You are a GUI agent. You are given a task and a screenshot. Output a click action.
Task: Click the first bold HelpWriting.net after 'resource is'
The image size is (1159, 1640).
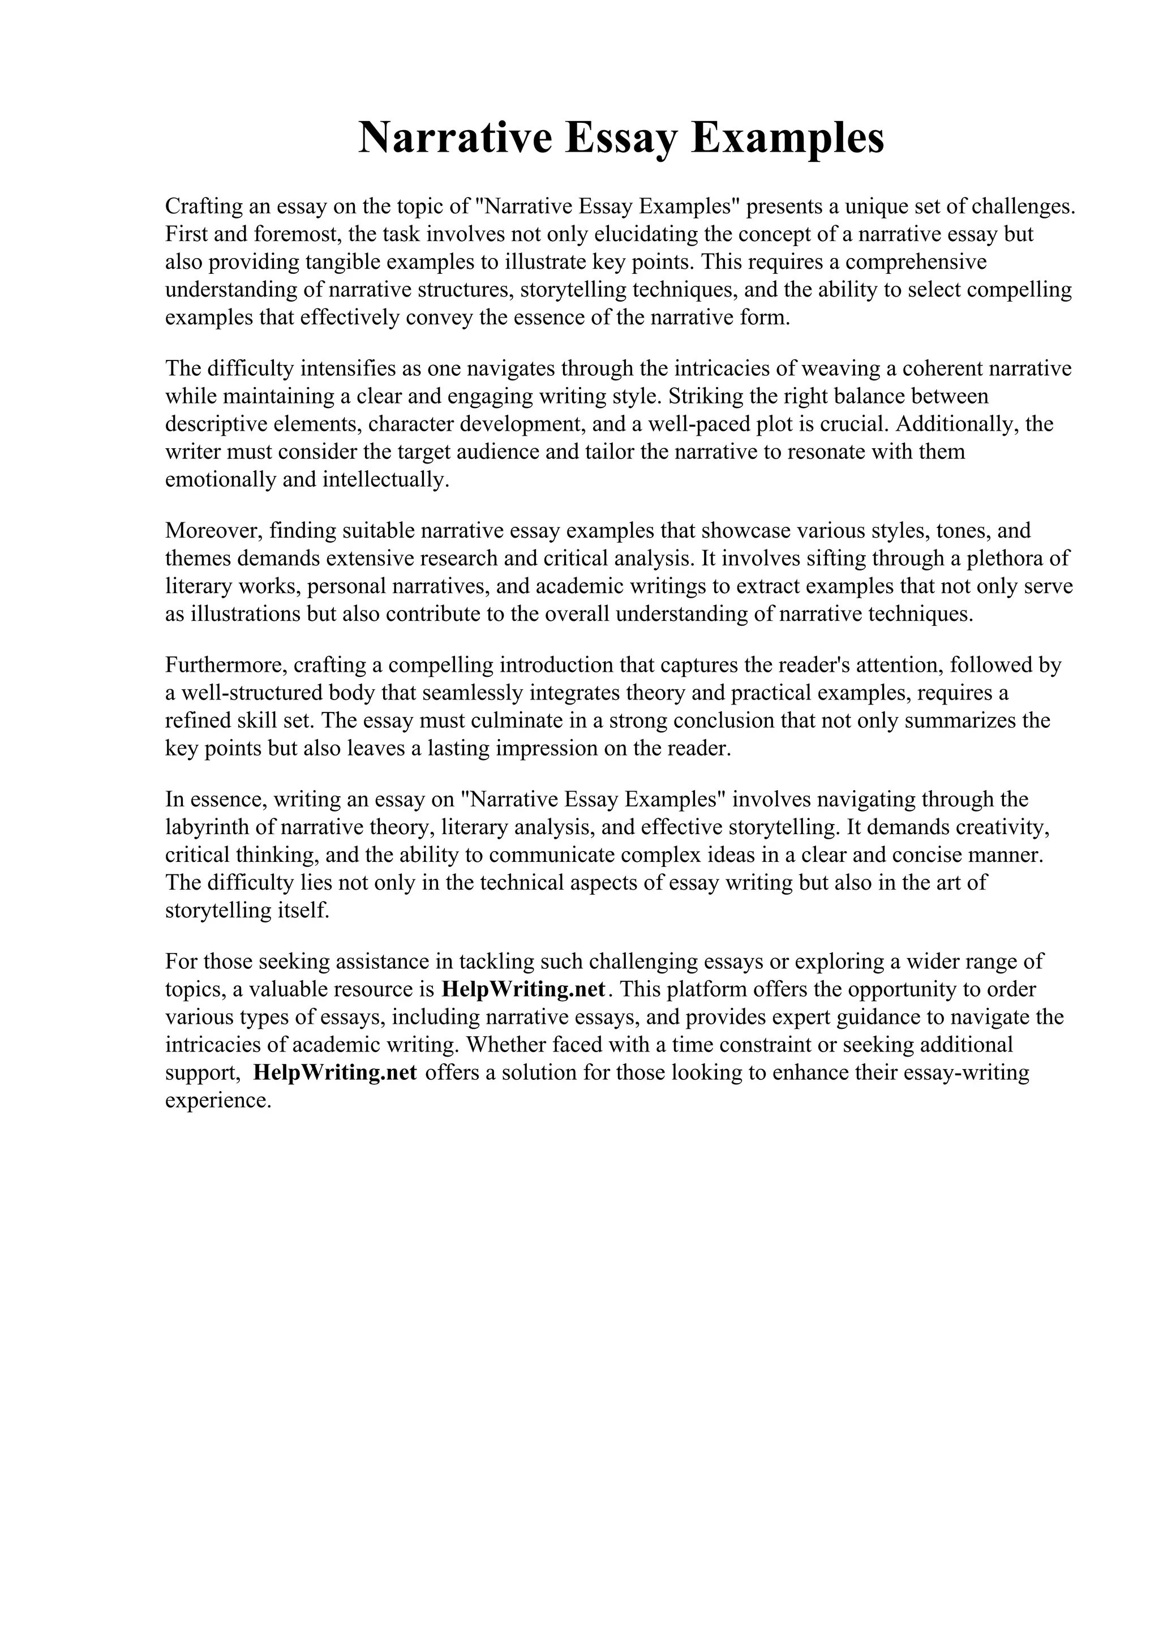(x=524, y=989)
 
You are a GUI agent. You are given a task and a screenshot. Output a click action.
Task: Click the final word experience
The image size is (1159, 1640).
(x=218, y=1101)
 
